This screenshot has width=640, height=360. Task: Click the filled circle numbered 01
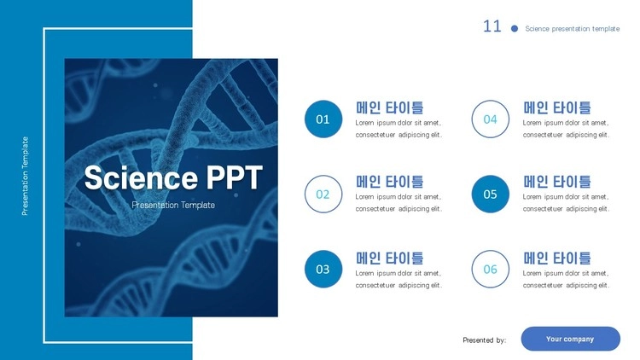pos(323,119)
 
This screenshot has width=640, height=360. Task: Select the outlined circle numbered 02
pos(323,175)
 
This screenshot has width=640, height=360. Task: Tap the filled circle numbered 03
pos(323,269)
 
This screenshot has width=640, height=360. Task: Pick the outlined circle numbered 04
pos(490,100)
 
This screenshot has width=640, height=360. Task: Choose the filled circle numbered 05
pos(490,194)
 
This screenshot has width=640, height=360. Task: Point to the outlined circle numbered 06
pos(490,250)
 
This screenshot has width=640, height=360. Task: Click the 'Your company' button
pos(570,339)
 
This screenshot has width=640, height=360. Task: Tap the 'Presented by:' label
pos(485,340)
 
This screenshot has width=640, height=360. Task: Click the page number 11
pos(492,26)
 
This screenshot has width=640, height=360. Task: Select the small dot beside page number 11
pos(515,28)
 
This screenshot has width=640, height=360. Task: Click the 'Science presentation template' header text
pos(573,28)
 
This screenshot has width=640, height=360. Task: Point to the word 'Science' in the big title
pos(141,177)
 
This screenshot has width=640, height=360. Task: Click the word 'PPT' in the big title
pos(234,177)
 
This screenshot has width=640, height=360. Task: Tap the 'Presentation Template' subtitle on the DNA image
pos(173,205)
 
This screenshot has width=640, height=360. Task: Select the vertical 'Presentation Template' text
pos(25,176)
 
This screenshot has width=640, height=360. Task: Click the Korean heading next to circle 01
pos(389,107)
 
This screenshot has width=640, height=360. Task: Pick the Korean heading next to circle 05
pos(556,182)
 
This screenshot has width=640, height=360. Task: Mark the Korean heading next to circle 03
pos(389,258)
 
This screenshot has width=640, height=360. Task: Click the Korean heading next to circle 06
pos(556,258)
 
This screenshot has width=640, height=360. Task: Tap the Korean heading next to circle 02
pos(389,182)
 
